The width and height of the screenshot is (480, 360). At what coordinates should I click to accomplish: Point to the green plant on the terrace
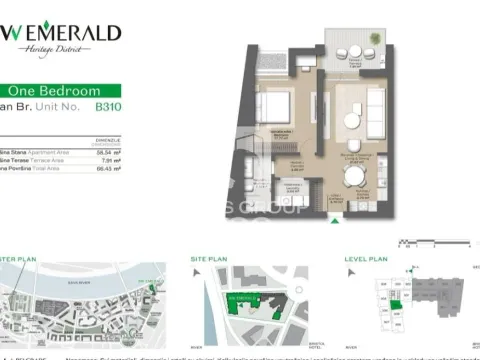(x=375, y=41)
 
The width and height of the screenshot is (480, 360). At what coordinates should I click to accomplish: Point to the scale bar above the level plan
(x=421, y=241)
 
